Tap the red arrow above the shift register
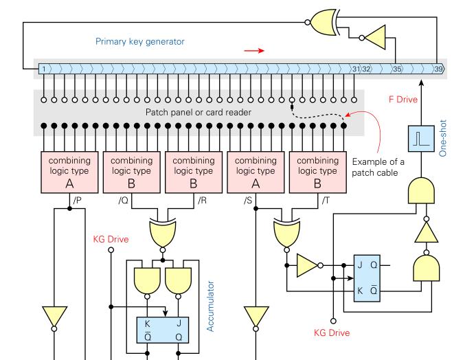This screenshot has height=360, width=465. point(253,50)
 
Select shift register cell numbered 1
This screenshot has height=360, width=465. point(43,69)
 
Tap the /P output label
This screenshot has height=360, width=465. point(78,200)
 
